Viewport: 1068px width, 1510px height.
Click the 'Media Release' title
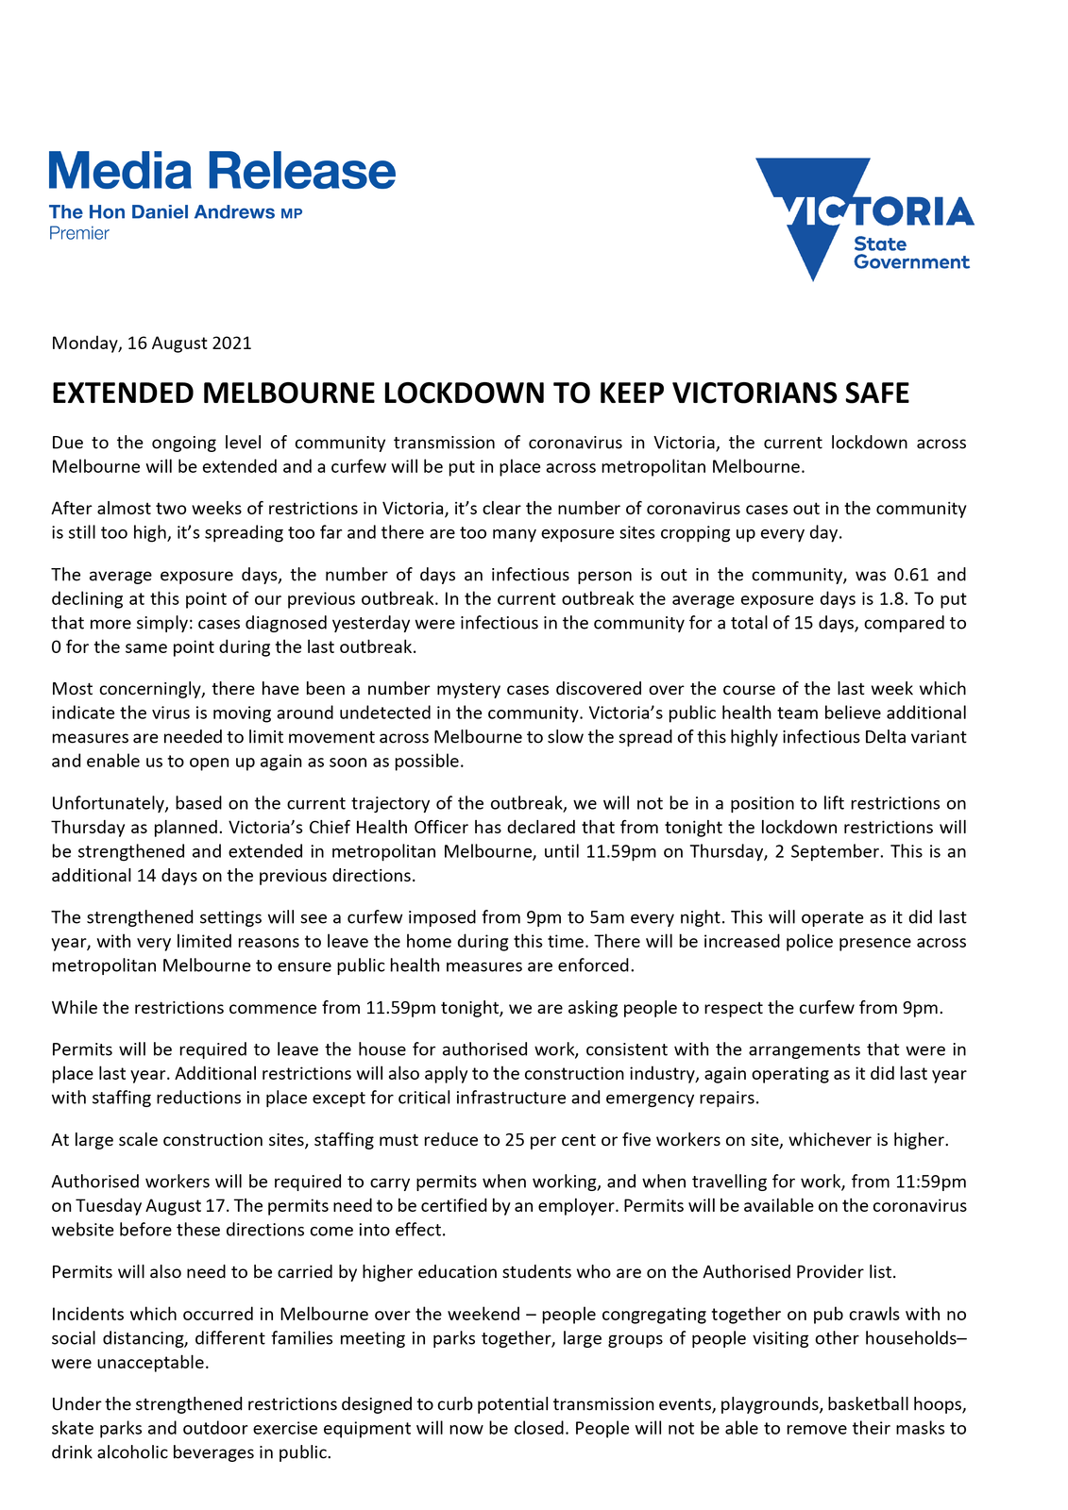point(222,172)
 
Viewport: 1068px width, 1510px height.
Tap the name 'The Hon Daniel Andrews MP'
point(176,212)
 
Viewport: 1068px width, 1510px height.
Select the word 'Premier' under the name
point(79,233)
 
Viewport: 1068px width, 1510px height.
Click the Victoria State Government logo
point(864,219)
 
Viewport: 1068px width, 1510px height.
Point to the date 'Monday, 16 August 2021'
point(151,343)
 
